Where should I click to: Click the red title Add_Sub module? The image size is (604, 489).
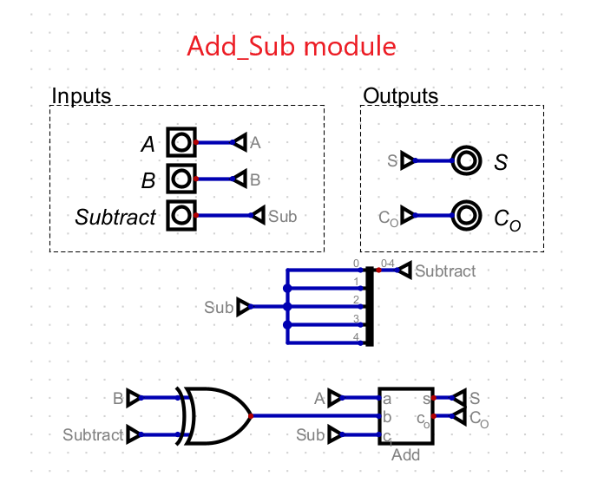point(292,46)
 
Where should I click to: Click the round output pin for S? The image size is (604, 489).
point(466,160)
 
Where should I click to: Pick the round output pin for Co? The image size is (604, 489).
point(466,215)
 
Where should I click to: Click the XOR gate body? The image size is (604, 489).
point(217,416)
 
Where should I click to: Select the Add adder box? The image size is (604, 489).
point(406,417)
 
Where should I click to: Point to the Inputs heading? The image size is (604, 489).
point(82,95)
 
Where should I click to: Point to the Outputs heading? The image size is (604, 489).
point(401,95)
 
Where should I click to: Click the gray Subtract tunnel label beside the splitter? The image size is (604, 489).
point(445,271)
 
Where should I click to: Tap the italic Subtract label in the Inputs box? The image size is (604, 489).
point(115,217)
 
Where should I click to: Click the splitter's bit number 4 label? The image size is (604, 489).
point(356,336)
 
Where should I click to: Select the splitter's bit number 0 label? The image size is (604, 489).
point(356,264)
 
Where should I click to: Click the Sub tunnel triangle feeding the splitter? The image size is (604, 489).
point(244,307)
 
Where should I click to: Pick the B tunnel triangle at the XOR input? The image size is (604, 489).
point(134,398)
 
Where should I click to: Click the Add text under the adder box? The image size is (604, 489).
point(405,454)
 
